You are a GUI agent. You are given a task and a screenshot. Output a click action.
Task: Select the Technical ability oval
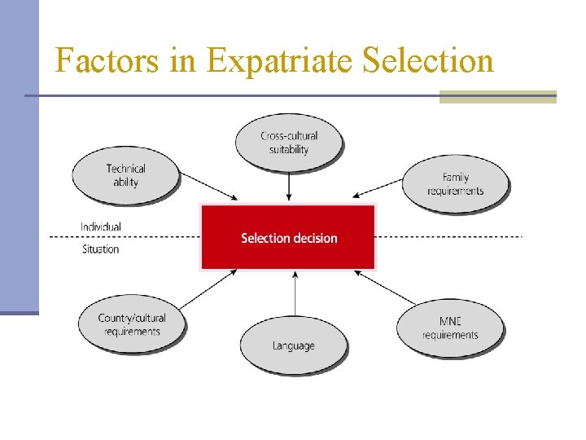[125, 175]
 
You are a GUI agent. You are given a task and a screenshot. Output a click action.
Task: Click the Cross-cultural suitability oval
[289, 143]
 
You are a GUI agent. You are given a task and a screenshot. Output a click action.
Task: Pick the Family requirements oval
[455, 183]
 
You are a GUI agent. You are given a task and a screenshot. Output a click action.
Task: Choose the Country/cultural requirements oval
[131, 324]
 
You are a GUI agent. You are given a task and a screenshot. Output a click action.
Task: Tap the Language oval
[293, 345]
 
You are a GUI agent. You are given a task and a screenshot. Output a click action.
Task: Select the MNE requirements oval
[450, 328]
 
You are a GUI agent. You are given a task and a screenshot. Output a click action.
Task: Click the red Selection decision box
[288, 238]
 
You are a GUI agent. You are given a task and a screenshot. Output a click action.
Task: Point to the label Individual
[101, 227]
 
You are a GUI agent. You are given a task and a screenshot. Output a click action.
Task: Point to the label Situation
[101, 249]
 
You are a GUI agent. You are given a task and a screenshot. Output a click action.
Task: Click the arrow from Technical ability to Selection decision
[208, 186]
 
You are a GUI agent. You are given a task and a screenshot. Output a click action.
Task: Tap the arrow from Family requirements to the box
[378, 187]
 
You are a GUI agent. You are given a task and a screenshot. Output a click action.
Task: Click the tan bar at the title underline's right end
[497, 97]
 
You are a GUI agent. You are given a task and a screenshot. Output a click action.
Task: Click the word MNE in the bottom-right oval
[450, 322]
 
